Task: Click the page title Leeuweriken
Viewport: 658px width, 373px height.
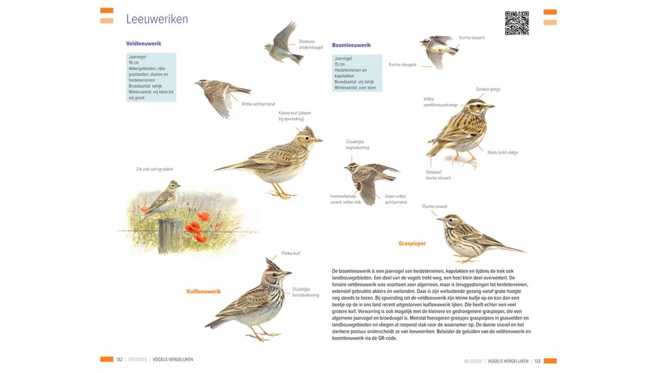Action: [157, 19]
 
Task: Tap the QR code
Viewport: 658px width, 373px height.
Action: [516, 23]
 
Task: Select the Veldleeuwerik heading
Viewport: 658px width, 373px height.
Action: [143, 43]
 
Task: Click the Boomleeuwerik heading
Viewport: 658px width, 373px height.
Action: [351, 45]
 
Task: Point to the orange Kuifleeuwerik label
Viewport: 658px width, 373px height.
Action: [204, 291]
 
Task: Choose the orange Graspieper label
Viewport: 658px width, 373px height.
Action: [412, 244]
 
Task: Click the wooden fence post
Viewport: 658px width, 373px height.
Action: [169, 235]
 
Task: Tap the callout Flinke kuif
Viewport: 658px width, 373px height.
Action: [291, 253]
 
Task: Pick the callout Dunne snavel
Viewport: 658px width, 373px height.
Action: [435, 206]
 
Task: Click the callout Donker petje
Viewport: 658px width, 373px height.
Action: [488, 89]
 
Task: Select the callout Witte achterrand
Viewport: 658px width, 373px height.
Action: [258, 104]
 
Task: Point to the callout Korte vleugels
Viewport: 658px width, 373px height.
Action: [402, 65]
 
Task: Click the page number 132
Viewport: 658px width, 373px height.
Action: [119, 359]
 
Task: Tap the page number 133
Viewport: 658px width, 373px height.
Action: [537, 361]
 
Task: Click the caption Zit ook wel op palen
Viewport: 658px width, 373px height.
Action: [154, 169]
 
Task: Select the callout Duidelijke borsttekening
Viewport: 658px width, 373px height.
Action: [305, 292]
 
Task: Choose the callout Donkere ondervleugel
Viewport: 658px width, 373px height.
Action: [310, 44]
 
